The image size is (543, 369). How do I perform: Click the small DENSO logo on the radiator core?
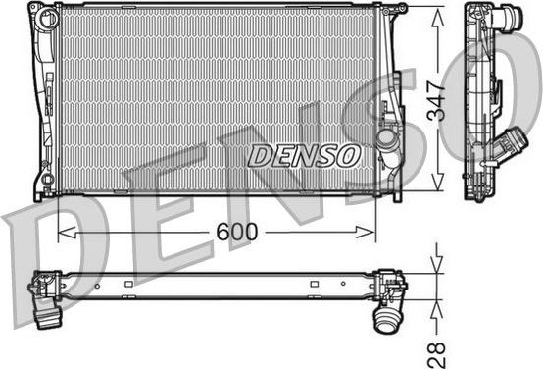[305, 154]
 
